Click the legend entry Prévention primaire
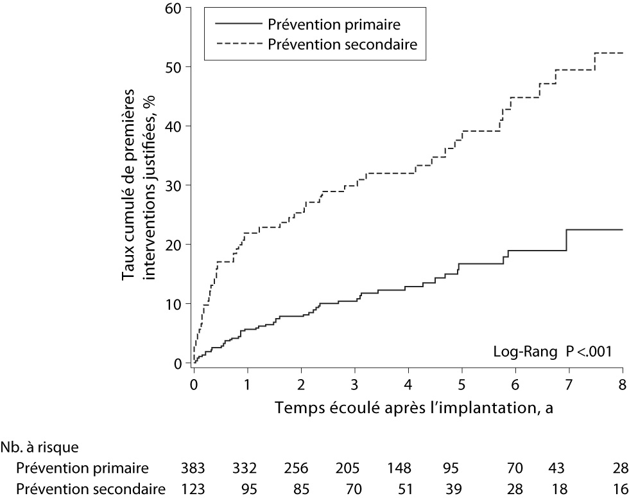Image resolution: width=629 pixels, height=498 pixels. (334, 25)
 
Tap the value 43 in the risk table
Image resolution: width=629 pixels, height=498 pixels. (551, 467)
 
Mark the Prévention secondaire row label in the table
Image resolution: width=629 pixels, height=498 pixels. (91, 490)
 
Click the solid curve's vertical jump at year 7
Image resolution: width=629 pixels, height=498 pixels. (567, 240)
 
